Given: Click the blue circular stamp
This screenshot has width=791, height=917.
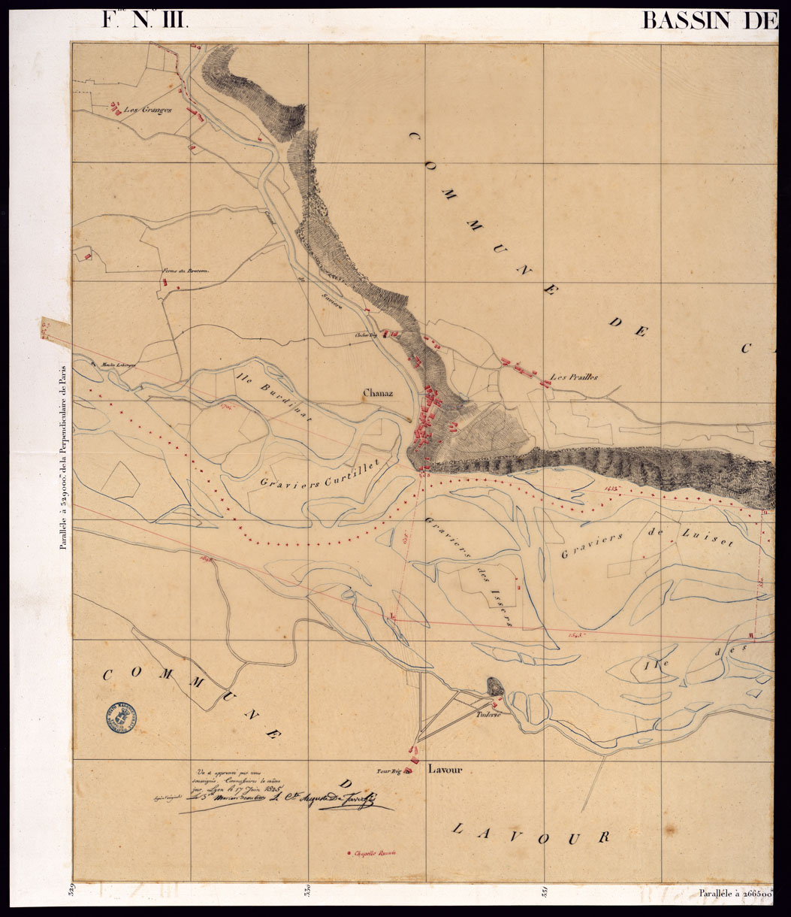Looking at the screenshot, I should click(x=122, y=719).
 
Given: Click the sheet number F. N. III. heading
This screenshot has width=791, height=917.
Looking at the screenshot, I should click(x=145, y=20).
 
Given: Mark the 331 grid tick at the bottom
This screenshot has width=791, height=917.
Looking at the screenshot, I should click(x=543, y=894).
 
